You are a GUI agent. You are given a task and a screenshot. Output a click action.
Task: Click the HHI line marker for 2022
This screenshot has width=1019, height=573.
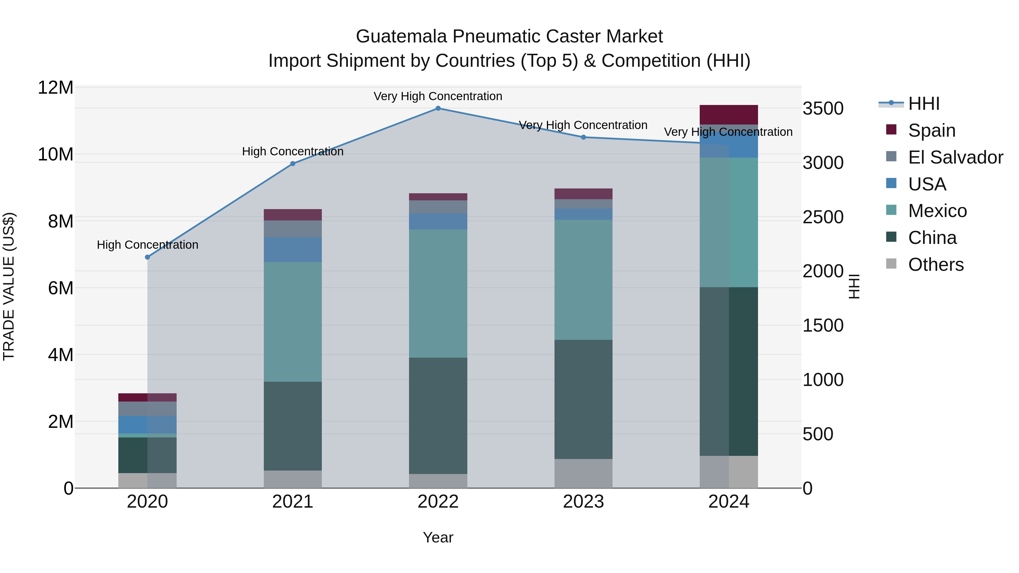[438, 108]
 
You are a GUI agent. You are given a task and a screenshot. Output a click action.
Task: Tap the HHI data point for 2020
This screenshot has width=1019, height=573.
[147, 257]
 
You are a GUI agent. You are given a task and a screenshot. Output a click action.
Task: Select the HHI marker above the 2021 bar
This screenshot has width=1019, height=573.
[293, 164]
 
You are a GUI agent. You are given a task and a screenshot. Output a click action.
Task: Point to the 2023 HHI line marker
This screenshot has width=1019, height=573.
[583, 137]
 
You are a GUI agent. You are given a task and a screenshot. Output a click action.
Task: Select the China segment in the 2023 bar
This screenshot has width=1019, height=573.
[583, 399]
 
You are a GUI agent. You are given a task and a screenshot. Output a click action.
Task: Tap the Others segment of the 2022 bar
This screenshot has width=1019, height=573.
[438, 480]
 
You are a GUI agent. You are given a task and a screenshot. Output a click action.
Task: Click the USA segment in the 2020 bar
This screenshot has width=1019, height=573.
[147, 425]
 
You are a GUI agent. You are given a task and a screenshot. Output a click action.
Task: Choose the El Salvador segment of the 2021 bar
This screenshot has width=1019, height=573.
[293, 229]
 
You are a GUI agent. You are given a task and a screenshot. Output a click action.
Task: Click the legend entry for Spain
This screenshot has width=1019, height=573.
[932, 130]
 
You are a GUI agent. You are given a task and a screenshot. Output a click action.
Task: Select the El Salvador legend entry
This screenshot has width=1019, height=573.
[955, 157]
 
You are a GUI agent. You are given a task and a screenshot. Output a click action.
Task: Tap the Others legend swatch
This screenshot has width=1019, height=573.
[891, 264]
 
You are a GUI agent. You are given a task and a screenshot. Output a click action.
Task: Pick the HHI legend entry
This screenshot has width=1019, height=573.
[924, 104]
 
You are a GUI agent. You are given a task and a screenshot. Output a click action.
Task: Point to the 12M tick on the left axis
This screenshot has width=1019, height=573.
[55, 88]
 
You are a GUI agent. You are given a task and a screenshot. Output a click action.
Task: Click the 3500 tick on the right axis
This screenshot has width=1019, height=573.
[823, 109]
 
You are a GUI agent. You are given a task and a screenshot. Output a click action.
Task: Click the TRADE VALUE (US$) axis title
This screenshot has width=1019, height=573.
[9, 286]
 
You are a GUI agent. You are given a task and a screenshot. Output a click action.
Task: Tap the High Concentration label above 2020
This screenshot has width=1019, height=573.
[147, 245]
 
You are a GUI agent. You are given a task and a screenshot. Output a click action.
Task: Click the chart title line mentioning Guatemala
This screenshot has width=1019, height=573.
[509, 37]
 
